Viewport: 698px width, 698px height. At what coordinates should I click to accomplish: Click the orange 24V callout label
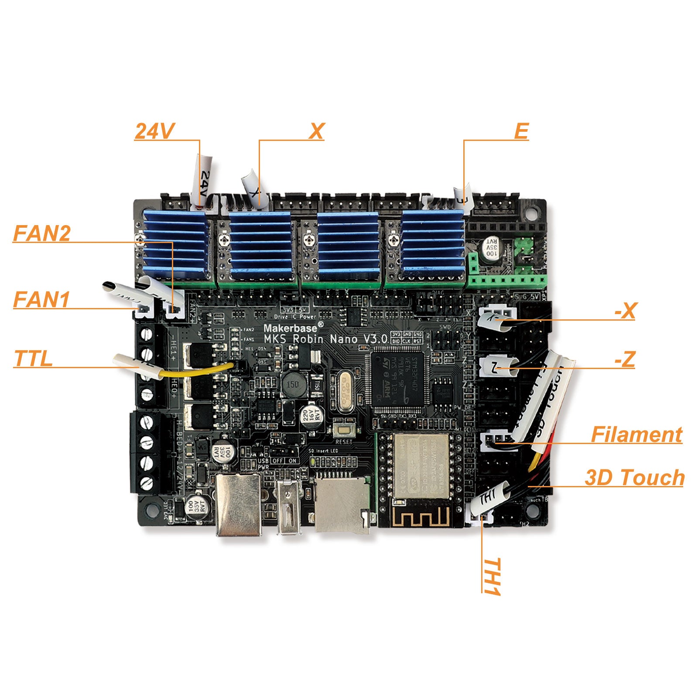coord(154,131)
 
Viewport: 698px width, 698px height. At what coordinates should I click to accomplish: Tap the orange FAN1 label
coord(41,300)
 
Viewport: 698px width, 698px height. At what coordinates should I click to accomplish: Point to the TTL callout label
coord(34,359)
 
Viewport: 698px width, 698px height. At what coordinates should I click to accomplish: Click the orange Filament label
coord(636,435)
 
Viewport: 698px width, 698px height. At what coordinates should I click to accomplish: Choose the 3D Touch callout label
coord(634,477)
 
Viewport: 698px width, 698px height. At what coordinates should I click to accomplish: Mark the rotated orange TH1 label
coord(491,576)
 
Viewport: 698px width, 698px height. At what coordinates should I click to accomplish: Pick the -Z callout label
coord(625,359)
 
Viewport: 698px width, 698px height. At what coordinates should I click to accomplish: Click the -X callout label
coord(625,311)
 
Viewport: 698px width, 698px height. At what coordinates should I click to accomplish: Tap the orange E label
coord(522,131)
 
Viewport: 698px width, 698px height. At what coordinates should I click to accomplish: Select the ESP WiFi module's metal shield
coord(421,466)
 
